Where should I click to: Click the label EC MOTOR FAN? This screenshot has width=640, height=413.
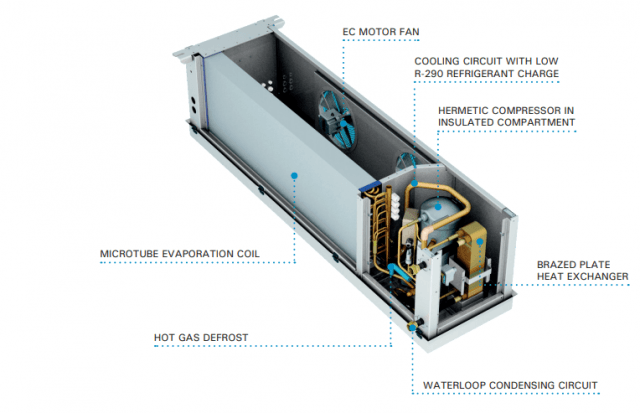pos(380,32)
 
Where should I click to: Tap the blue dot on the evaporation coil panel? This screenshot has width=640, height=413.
pos(295,175)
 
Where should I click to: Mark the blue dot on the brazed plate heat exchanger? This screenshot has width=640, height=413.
pos(479,240)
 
